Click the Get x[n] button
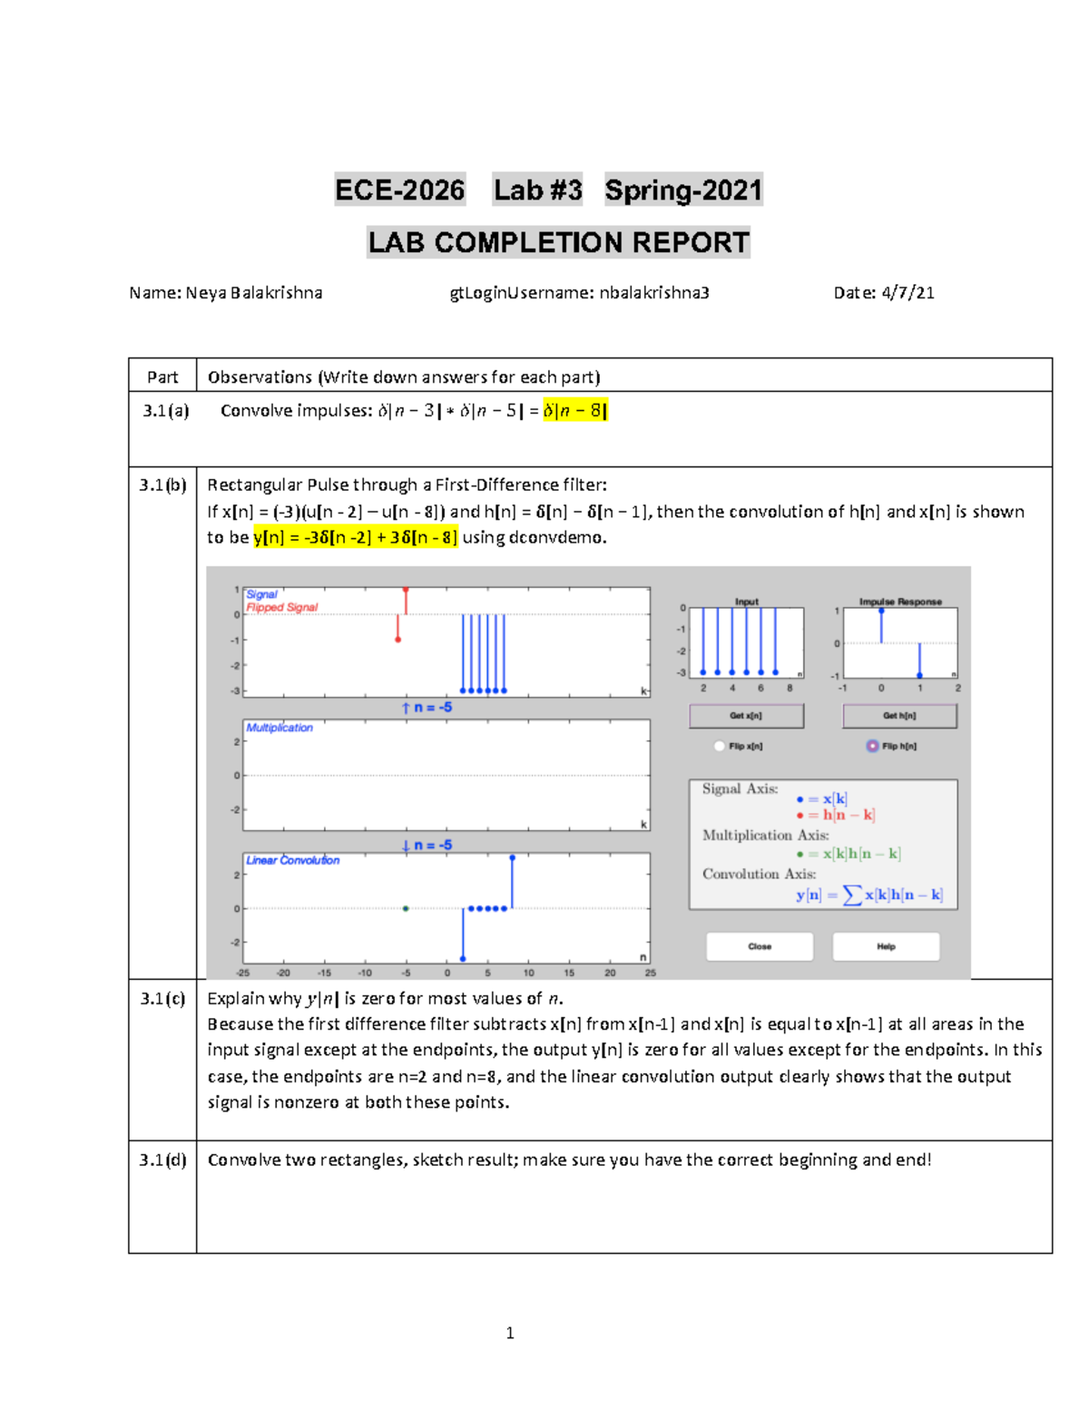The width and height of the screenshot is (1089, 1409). tap(746, 716)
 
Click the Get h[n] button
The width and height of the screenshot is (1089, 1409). tap(899, 716)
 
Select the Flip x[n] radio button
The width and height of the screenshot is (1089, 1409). tap(720, 746)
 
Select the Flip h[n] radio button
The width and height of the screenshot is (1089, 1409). tap(872, 746)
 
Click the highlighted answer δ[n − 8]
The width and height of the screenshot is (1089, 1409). tap(574, 410)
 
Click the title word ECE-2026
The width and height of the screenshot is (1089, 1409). tap(399, 190)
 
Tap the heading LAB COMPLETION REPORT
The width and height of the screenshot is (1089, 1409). tap(558, 242)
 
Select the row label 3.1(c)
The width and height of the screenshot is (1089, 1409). tap(162, 998)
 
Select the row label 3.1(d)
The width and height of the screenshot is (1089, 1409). tap(162, 1159)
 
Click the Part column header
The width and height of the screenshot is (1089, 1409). tap(162, 377)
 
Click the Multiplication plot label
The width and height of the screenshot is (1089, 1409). tap(280, 728)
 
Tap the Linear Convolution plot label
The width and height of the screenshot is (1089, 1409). tap(292, 860)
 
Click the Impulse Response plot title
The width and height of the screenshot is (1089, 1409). tap(900, 602)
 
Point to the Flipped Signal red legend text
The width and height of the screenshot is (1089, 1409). tap(282, 607)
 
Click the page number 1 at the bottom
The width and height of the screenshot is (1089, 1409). tap(510, 1333)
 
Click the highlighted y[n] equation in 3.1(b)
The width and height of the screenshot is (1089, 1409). tap(356, 537)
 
